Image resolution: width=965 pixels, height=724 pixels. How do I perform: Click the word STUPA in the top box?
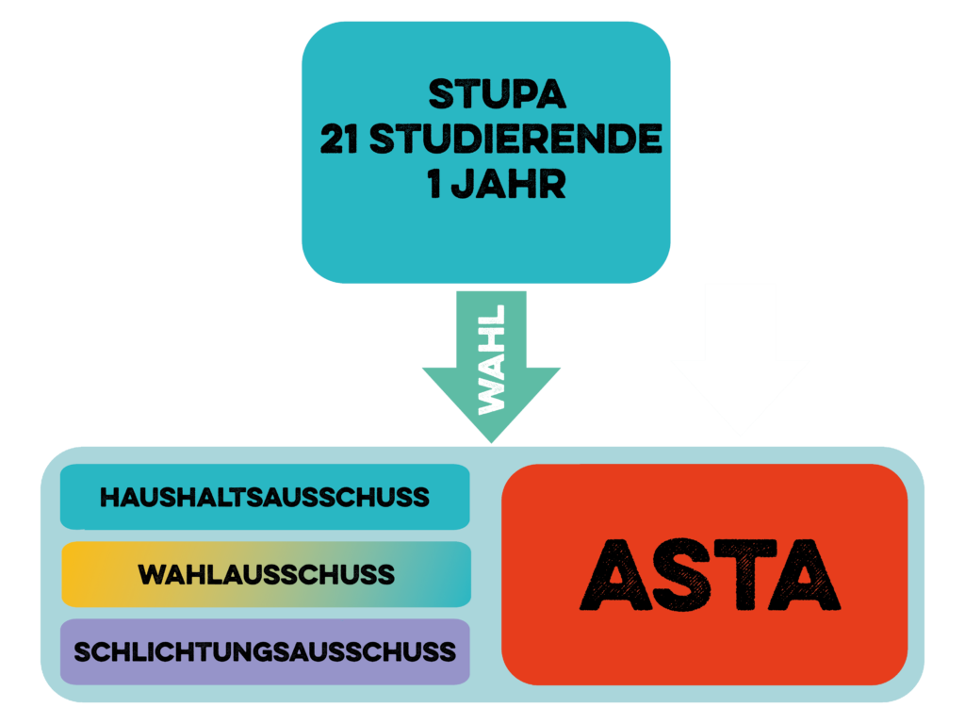(497, 94)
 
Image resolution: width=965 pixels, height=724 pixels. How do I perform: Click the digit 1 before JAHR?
(434, 184)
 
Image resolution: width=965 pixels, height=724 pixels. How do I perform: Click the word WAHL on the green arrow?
(492, 358)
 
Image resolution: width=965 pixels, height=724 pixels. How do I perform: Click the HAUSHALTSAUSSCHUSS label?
(265, 497)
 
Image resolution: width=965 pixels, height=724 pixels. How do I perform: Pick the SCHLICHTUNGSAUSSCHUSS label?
(265, 651)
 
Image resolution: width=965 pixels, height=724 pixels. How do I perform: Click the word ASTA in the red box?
(710, 574)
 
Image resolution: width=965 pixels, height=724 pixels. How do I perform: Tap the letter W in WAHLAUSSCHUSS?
(153, 574)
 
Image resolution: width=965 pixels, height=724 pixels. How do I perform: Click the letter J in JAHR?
(461, 184)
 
